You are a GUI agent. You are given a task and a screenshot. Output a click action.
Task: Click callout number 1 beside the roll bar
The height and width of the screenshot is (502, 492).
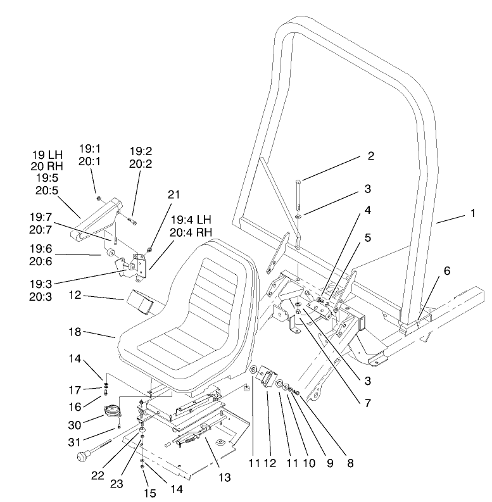[x=472, y=214]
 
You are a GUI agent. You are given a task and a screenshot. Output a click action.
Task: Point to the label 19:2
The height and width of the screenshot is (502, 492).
[x=141, y=151]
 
